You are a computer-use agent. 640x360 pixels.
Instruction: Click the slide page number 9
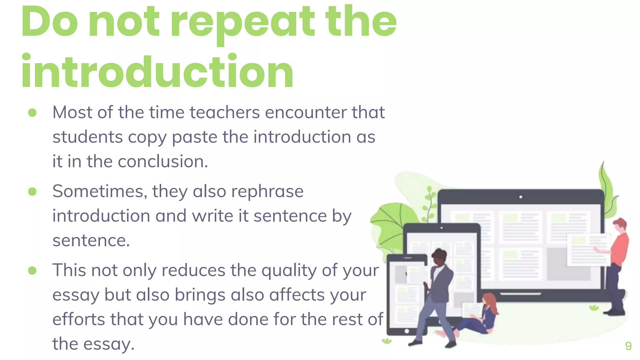point(628,346)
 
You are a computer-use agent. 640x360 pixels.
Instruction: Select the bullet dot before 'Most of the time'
point(32,112)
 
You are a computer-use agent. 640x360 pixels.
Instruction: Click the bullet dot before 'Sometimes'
point(32,192)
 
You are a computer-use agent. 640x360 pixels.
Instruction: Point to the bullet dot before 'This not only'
point(32,271)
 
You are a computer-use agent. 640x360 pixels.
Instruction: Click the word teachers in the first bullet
point(225,112)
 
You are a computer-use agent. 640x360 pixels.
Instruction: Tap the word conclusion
point(162,162)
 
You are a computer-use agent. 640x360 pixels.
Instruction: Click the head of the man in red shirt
point(620,225)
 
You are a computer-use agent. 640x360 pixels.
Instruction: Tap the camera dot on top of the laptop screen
point(521,197)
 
